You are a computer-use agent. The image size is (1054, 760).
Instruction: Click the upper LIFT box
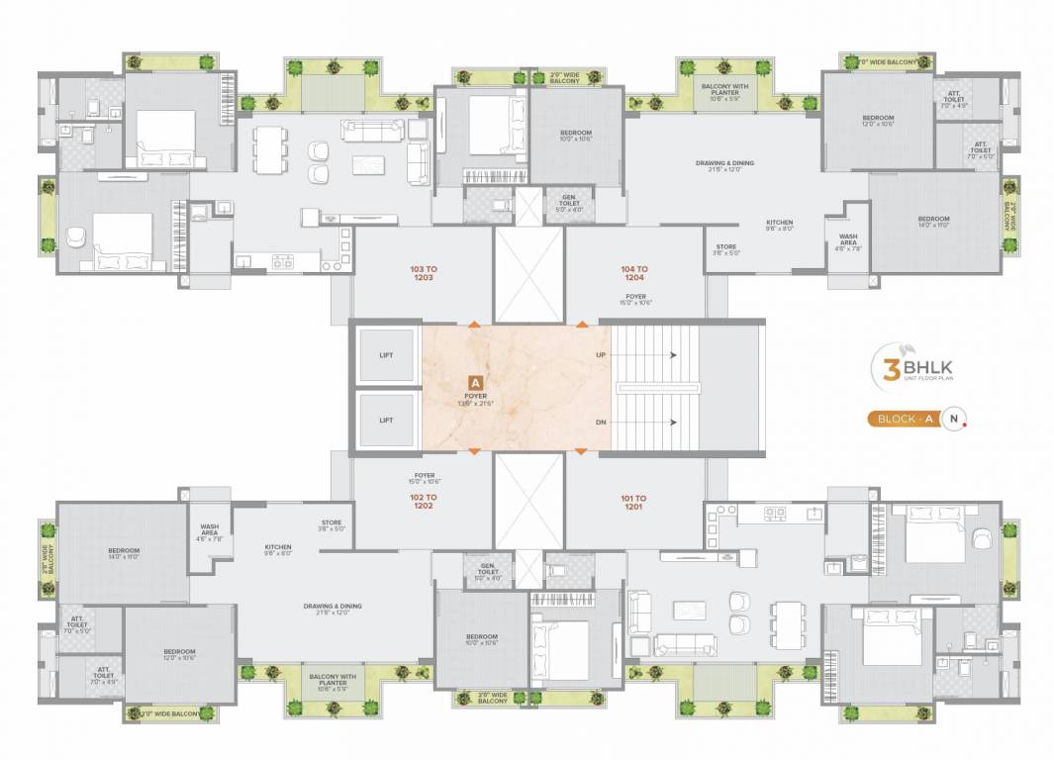pyautogui.click(x=386, y=356)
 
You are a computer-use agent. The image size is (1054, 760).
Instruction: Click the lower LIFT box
pyautogui.click(x=386, y=420)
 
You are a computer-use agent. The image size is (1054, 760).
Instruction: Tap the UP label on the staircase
pyautogui.click(x=601, y=354)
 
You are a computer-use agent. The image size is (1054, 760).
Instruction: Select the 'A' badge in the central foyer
pyautogui.click(x=475, y=382)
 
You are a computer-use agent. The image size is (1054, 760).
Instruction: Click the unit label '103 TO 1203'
pyautogui.click(x=423, y=273)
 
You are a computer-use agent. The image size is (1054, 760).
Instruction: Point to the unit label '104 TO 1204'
pyautogui.click(x=634, y=274)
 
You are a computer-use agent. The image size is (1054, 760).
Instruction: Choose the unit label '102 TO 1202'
pyautogui.click(x=423, y=501)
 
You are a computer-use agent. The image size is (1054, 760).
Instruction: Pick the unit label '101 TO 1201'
pyautogui.click(x=634, y=503)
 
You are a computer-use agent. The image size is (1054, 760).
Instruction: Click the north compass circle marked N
pyautogui.click(x=953, y=419)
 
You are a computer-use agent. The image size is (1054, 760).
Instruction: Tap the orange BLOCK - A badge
pyautogui.click(x=902, y=419)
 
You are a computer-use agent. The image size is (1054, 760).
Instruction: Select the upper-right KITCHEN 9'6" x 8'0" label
pyautogui.click(x=780, y=225)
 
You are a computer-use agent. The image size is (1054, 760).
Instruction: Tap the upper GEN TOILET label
pyautogui.click(x=575, y=204)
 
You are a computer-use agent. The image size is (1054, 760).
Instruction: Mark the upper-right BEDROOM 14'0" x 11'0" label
pyautogui.click(x=932, y=223)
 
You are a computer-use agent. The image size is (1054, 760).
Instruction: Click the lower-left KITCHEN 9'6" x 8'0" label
pyautogui.click(x=277, y=550)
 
